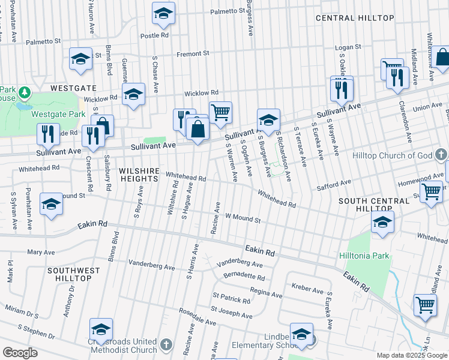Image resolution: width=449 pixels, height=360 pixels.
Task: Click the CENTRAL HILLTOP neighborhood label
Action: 355,18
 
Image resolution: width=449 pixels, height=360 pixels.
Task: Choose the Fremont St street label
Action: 192,53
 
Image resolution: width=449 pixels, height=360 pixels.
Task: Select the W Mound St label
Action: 243,219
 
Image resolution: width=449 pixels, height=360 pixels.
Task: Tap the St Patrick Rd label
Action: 231,298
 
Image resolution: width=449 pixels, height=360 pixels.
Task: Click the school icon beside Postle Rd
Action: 163,13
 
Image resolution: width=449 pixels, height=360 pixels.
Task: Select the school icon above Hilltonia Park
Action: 382,222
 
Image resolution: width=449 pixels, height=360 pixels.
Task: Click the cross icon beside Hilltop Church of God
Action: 440,155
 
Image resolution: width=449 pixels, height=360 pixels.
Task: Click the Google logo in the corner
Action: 20,353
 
